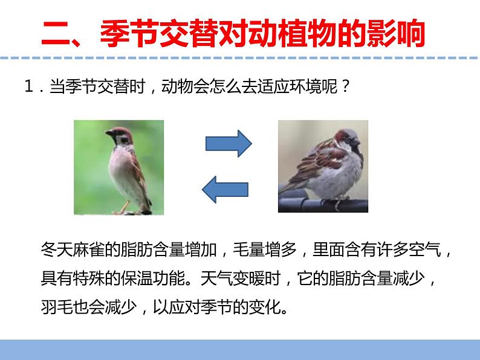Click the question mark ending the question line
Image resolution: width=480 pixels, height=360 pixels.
pyautogui.click(x=345, y=88)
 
